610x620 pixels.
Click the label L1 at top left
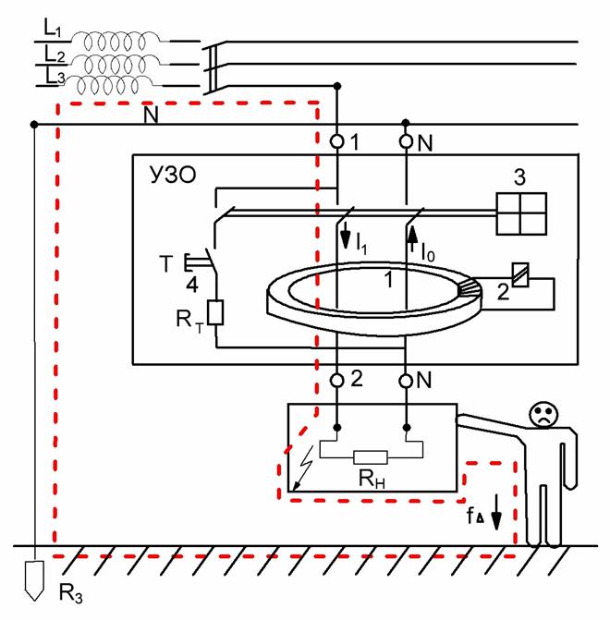[x=52, y=29]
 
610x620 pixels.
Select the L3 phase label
[x=55, y=76]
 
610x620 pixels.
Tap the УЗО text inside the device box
[x=173, y=175]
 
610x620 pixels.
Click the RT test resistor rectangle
[x=215, y=312]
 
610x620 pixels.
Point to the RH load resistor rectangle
[x=371, y=457]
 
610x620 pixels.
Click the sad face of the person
[x=544, y=414]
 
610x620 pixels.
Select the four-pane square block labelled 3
[x=521, y=213]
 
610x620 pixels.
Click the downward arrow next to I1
[x=346, y=236]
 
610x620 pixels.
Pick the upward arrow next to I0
[x=412, y=238]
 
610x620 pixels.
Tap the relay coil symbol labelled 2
[x=520, y=274]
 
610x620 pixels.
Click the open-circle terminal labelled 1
[x=337, y=141]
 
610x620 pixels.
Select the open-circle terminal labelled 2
[x=337, y=381]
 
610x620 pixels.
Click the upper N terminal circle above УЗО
[x=406, y=141]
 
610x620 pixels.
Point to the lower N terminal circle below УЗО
[x=406, y=382]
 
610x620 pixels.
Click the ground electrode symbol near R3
[x=34, y=580]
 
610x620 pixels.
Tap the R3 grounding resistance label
[x=71, y=593]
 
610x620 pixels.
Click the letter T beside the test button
[x=166, y=263]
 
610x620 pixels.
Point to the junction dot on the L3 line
[x=337, y=86]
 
